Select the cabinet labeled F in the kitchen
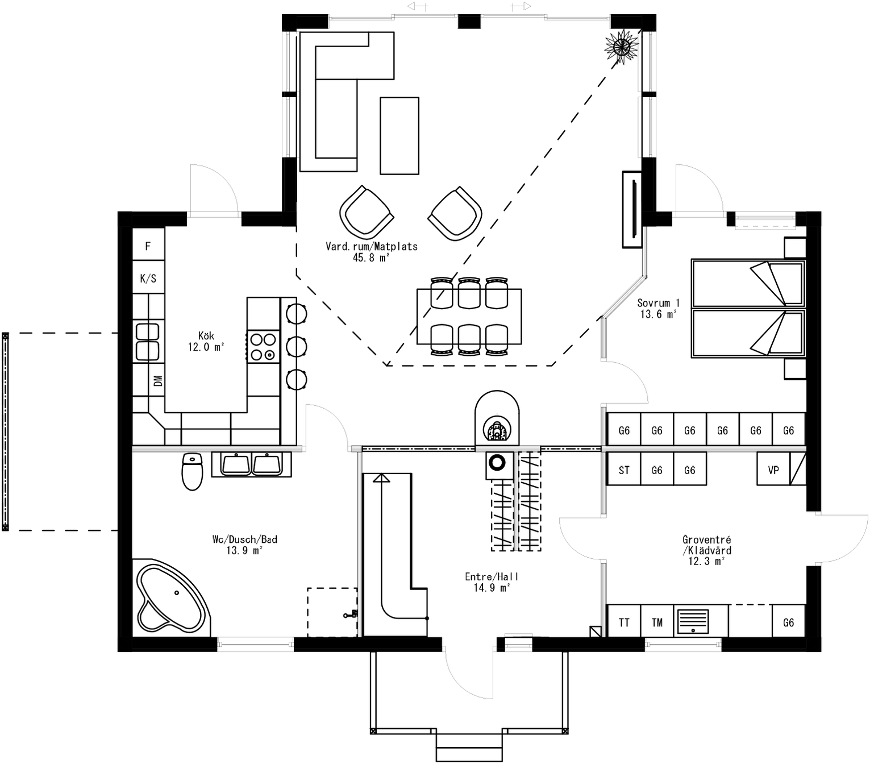coord(148,246)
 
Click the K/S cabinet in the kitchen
coord(148,279)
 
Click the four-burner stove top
coord(263,347)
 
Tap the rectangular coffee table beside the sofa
coord(399,135)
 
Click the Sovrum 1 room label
coord(658,303)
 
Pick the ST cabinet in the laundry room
coord(624,470)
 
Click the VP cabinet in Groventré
coord(773,470)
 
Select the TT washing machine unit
coord(624,622)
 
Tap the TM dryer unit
coord(657,622)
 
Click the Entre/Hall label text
coord(491,576)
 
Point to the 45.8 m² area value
coord(371,258)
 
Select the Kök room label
coord(206,336)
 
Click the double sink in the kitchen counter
coord(147,342)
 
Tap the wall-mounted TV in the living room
coord(632,210)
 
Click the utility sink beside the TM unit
coord(693,621)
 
